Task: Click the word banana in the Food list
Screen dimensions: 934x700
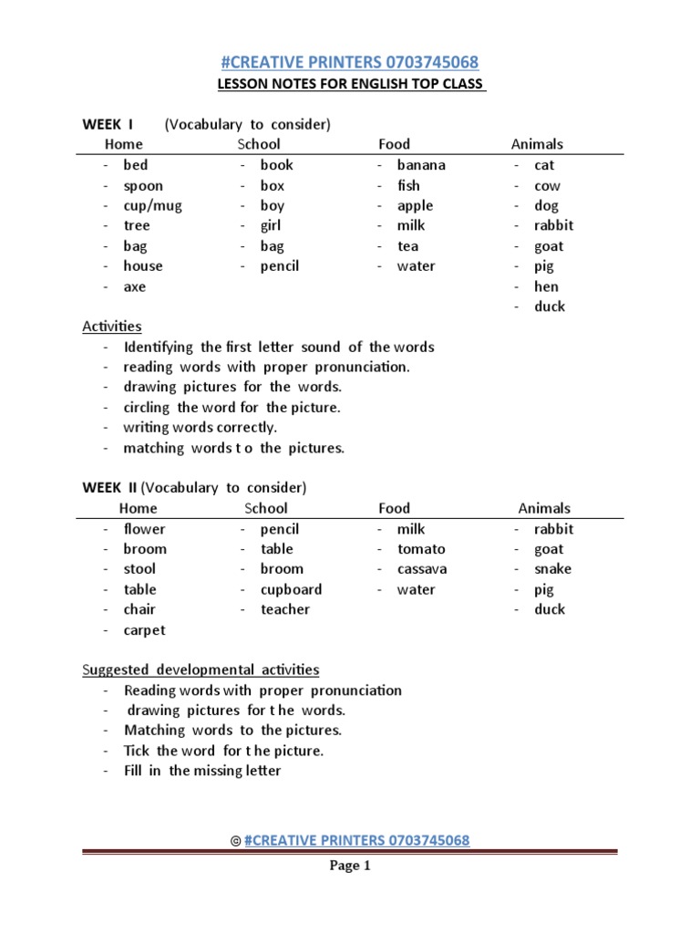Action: click(421, 165)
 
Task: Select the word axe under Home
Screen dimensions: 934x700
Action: click(135, 286)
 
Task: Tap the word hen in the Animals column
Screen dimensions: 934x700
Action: click(547, 286)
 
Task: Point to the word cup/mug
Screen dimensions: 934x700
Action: click(152, 205)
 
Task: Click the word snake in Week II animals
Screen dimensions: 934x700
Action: click(552, 569)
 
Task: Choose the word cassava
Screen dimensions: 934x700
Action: click(422, 569)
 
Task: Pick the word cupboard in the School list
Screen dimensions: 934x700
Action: click(291, 589)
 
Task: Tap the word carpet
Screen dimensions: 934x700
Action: click(145, 630)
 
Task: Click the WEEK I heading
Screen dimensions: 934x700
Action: click(108, 124)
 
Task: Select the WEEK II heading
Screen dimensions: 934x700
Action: click(109, 487)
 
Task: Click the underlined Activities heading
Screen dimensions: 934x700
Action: click(112, 326)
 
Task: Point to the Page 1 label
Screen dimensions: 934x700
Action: click(350, 867)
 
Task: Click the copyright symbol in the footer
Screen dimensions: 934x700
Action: click(236, 841)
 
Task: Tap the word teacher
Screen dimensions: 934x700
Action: click(285, 609)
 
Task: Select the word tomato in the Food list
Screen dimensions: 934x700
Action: click(421, 549)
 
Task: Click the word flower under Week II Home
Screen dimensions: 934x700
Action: click(145, 529)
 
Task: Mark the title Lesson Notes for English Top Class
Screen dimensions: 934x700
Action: click(351, 86)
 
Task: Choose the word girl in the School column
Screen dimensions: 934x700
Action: click(271, 225)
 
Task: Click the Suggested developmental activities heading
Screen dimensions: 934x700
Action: click(201, 669)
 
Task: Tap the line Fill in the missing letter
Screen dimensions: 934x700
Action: click(202, 771)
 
